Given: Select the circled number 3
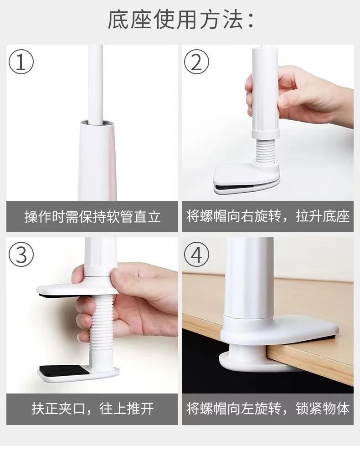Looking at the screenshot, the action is coord(21,254).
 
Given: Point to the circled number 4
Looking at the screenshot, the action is coord(196,254).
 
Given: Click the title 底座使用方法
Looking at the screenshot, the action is coord(180,20).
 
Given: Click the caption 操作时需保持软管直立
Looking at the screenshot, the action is coord(93,217).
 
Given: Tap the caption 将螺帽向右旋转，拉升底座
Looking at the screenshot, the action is coord(268,217).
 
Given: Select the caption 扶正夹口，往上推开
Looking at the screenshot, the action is coord(93,409).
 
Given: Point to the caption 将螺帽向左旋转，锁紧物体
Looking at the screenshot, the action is coord(268,409).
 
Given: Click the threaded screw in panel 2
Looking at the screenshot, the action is coord(265,150).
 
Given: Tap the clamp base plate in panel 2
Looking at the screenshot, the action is coord(246,177).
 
